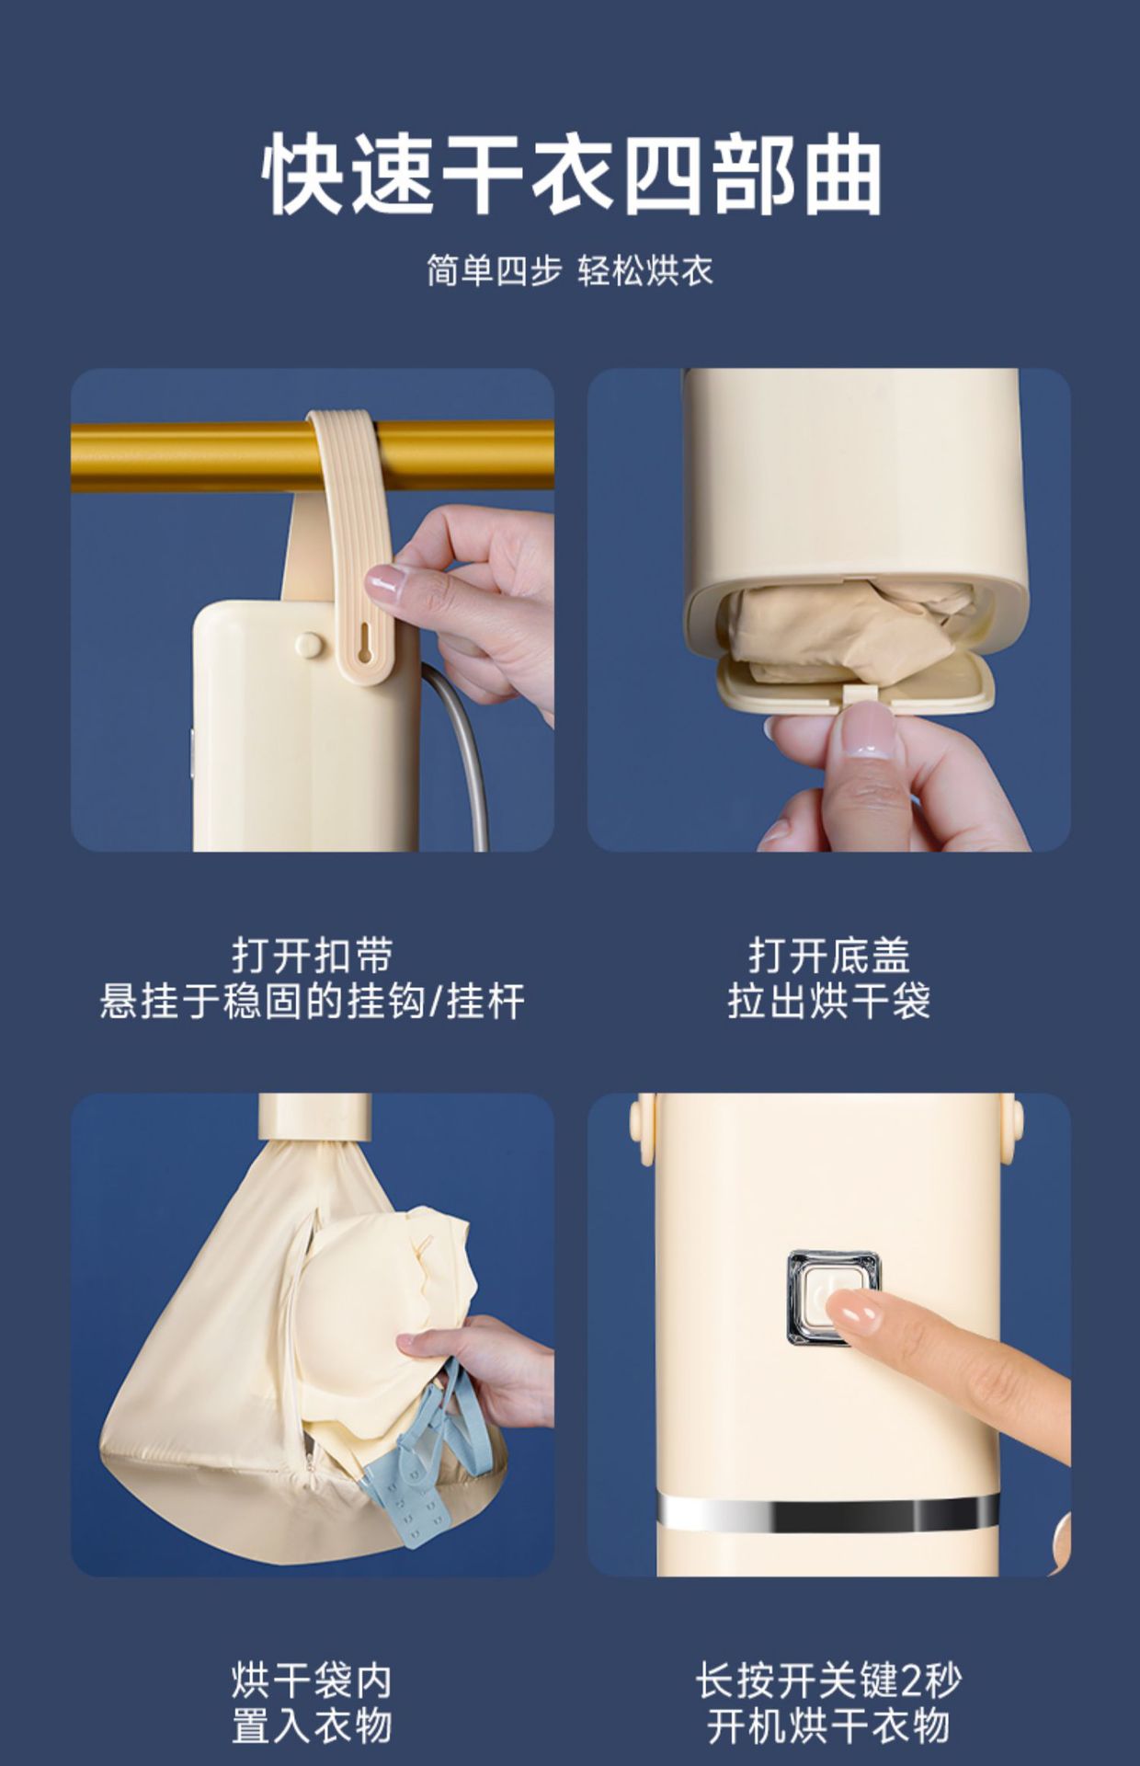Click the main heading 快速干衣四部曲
pos(571,175)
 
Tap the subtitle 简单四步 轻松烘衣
pos(570,270)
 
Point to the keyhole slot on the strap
pos(365,638)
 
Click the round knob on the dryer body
pos(310,645)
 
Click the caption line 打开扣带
pos(313,956)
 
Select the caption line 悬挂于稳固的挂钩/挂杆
pos(313,1001)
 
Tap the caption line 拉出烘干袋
pos(829,1001)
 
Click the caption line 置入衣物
pos(313,1726)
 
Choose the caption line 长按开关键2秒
pos(828,1680)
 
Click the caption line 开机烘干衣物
pos(828,1726)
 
